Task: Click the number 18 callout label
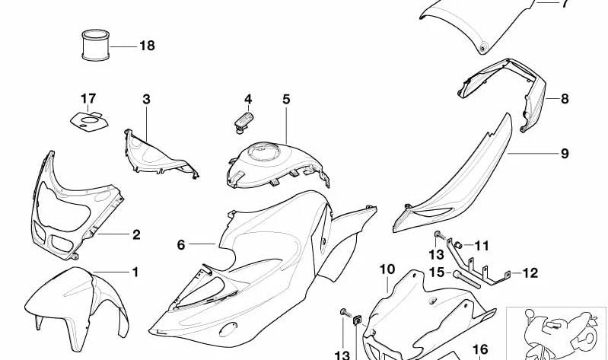147,46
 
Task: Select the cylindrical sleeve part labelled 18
95,45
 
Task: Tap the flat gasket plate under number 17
89,122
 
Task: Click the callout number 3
146,99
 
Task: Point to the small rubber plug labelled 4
244,121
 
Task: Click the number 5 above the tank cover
286,99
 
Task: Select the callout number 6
181,245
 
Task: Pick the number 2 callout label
136,234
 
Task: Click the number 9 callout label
565,154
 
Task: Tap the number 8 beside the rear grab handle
565,98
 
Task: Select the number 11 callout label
482,246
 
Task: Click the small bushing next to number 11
458,245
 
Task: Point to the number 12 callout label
530,273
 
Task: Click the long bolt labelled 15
467,279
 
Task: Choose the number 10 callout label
387,269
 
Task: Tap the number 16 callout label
480,350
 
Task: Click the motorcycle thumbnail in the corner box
556,333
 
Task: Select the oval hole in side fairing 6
228,330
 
